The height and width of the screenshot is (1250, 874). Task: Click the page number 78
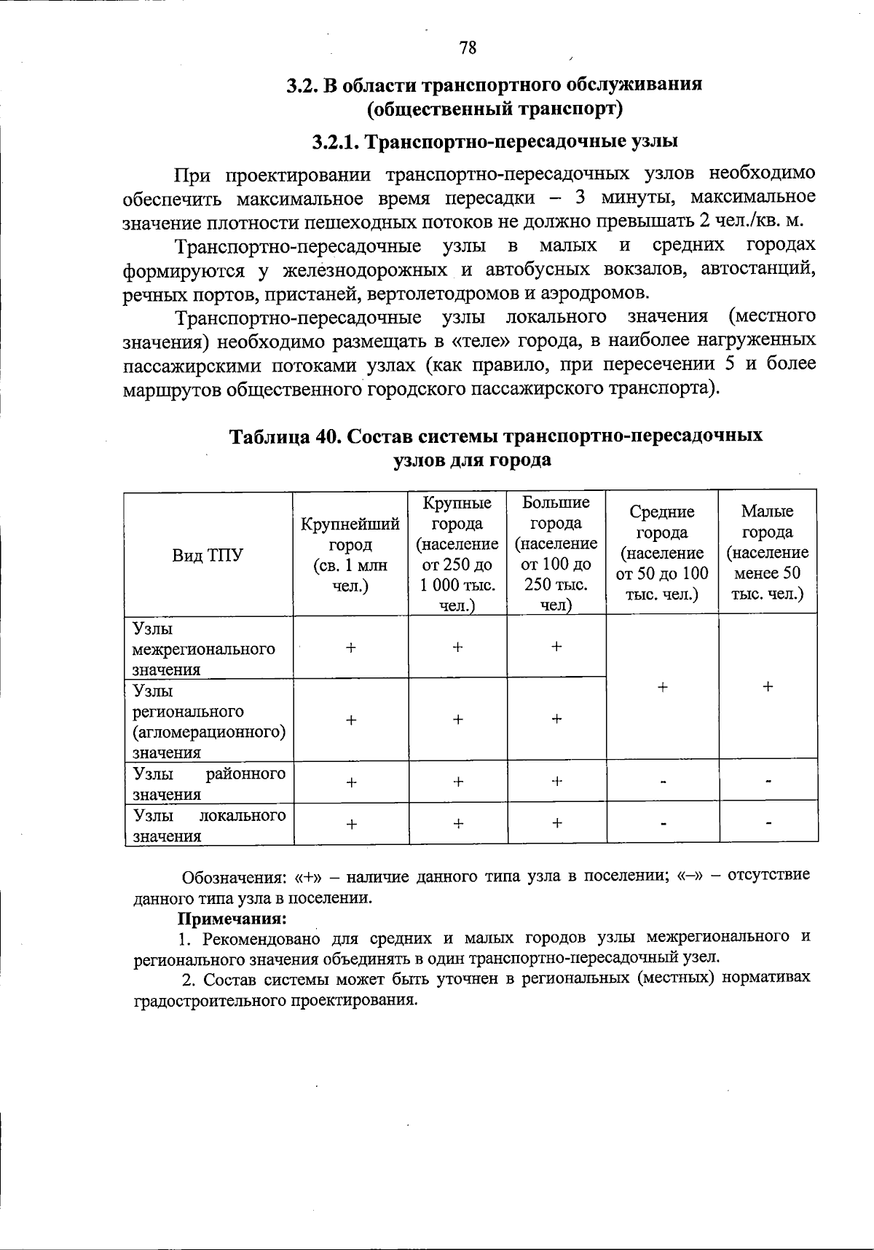coord(468,48)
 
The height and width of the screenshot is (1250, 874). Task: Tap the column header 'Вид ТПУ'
coord(208,555)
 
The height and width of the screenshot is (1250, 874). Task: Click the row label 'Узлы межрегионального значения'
coord(204,648)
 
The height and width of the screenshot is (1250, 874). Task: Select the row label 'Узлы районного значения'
coord(209,783)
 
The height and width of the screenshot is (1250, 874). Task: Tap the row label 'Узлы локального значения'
coord(209,825)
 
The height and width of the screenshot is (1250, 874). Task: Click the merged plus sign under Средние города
coord(662,687)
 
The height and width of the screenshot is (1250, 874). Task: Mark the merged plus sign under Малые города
coord(768,687)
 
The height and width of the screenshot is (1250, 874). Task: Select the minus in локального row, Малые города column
coord(768,824)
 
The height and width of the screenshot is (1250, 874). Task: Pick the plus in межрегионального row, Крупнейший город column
coord(351,647)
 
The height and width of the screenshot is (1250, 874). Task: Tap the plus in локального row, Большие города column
coord(556,823)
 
